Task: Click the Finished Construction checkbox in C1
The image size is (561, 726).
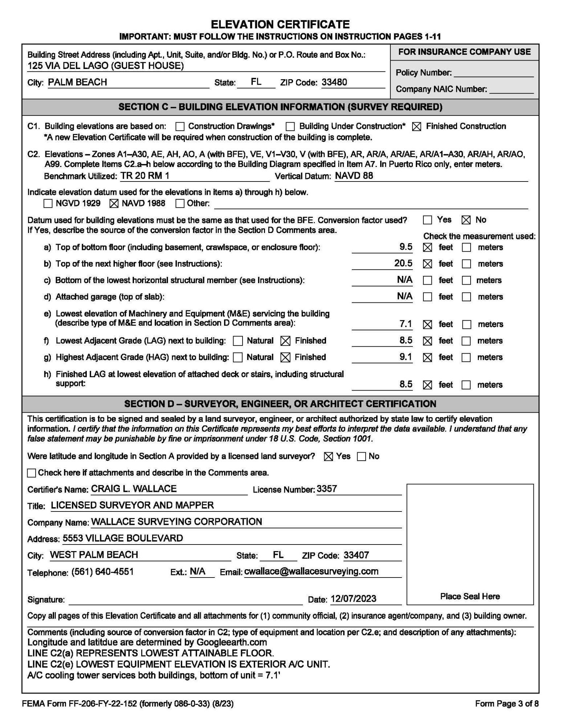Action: tap(417, 127)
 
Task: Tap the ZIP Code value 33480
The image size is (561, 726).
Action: tap(334, 82)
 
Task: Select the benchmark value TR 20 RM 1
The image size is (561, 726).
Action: tap(145, 176)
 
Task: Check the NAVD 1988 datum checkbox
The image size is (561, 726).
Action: tap(114, 204)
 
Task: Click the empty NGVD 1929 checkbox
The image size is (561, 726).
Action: tap(48, 204)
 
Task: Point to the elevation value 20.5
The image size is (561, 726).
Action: tap(403, 263)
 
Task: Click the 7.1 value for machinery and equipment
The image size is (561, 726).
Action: tap(406, 324)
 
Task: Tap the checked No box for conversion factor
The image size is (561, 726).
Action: tap(466, 220)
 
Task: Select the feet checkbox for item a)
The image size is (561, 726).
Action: tap(428, 248)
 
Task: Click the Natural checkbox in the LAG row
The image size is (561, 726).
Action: tap(238, 341)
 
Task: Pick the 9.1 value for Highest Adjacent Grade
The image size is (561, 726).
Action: tap(406, 357)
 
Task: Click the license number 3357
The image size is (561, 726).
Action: tap(327, 489)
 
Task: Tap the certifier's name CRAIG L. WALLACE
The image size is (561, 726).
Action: tap(134, 489)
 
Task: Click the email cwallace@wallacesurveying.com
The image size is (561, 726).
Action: tap(311, 571)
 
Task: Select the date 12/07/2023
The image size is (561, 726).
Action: tap(353, 599)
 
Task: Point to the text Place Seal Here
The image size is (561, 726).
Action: tap(470, 596)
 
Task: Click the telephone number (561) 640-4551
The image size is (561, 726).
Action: tap(102, 572)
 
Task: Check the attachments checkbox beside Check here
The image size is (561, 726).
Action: tap(32, 473)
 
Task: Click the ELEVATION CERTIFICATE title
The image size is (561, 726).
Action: tap(280, 24)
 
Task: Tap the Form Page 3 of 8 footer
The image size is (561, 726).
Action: tap(507, 704)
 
